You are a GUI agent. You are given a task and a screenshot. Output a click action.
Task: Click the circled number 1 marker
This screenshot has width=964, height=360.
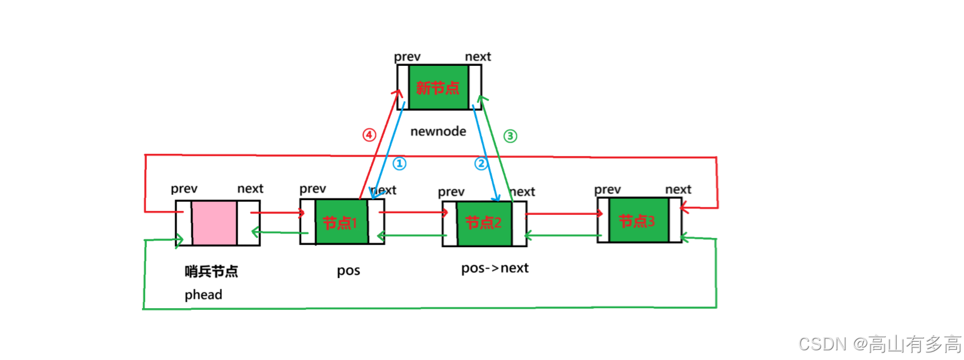[399, 164]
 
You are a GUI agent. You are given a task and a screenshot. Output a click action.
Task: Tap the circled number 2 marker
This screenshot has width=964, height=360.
[481, 163]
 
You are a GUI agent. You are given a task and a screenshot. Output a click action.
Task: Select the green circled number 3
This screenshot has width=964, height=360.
[510, 136]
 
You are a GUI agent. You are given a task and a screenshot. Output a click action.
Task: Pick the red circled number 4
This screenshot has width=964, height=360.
[369, 135]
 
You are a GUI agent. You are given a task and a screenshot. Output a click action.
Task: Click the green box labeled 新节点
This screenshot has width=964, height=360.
[438, 87]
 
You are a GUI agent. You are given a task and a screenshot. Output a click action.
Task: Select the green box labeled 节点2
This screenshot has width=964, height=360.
[484, 223]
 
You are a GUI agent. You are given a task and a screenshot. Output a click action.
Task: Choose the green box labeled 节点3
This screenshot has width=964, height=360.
[638, 220]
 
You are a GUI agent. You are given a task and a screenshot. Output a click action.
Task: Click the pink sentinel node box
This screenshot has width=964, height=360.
[214, 223]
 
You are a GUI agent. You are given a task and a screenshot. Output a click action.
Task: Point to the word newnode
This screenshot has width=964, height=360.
[438, 131]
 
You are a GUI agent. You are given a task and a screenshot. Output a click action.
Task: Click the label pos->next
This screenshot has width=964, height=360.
[495, 268]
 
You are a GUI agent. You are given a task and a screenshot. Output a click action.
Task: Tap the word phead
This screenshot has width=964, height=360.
[203, 295]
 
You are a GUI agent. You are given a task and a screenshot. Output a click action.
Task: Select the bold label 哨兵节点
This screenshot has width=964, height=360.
[211, 271]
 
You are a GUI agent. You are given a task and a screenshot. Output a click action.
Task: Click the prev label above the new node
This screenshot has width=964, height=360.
[407, 57]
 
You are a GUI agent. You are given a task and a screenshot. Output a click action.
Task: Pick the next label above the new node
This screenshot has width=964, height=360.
[478, 57]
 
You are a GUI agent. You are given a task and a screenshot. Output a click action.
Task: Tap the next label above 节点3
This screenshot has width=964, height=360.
[678, 189]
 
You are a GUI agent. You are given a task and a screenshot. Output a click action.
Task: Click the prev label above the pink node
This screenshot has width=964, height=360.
[184, 189]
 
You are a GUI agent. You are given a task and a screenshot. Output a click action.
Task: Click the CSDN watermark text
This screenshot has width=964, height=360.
[880, 344]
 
